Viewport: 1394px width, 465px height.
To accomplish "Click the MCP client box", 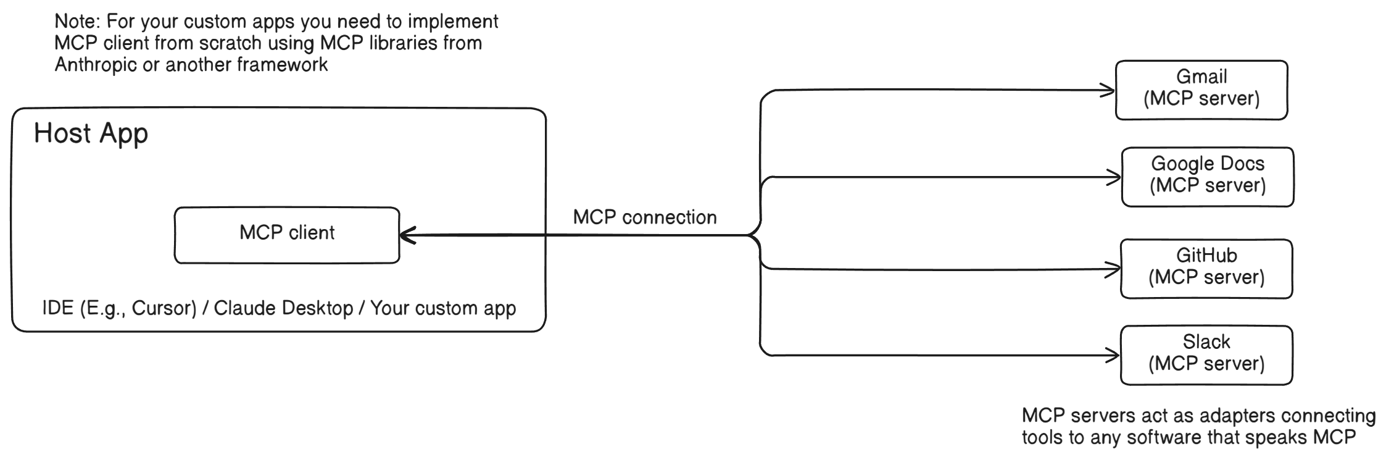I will click(x=287, y=235).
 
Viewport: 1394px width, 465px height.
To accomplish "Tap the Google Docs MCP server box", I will click(x=1207, y=177).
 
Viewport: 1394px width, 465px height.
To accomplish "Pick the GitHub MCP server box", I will click(x=1206, y=269).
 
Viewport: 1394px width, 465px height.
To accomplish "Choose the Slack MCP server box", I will click(x=1206, y=355).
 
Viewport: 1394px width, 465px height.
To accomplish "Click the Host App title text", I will click(x=91, y=133).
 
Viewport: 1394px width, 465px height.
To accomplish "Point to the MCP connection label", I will click(x=645, y=217).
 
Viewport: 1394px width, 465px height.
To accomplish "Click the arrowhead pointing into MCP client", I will click(x=406, y=235).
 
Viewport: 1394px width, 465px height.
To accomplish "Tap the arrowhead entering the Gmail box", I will click(x=1109, y=91).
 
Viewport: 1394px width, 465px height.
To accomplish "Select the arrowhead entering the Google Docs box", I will click(x=1115, y=178).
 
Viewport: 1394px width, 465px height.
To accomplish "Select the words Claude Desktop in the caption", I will click(x=283, y=308).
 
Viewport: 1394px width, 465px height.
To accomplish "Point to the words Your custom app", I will click(x=443, y=308).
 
